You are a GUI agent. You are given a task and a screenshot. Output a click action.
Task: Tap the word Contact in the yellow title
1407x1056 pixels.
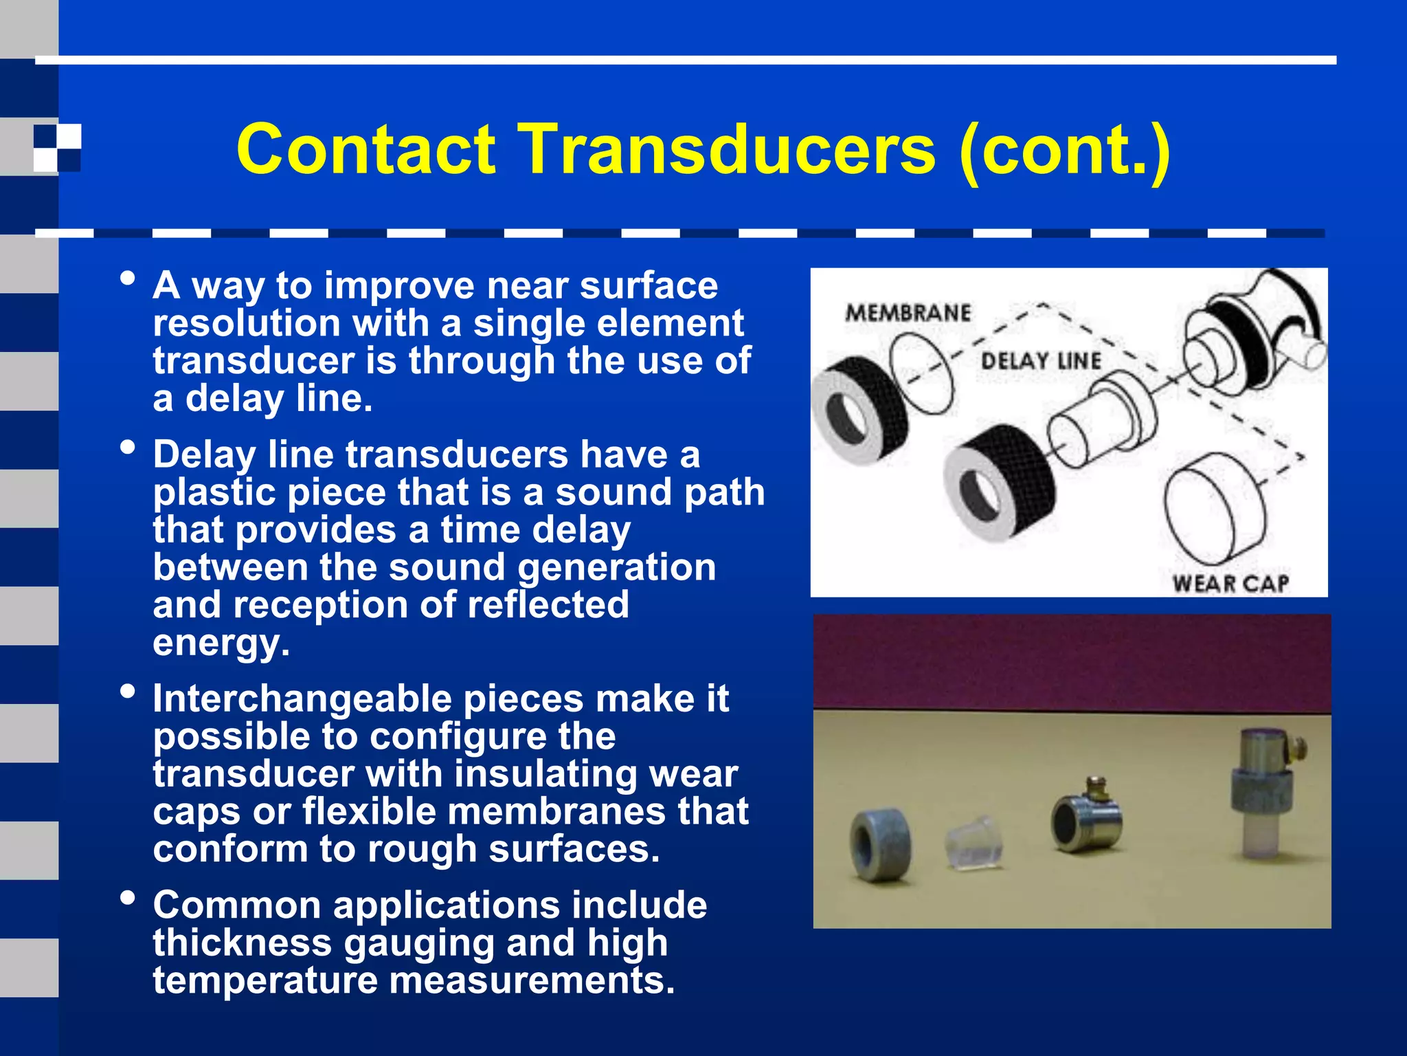coord(365,150)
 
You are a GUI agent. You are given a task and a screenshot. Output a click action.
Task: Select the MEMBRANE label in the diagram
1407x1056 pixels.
coord(908,313)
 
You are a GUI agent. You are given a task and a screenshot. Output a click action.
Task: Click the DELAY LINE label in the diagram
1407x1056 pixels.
coord(1041,361)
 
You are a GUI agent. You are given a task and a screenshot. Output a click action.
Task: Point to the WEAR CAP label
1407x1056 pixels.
coord(1230,584)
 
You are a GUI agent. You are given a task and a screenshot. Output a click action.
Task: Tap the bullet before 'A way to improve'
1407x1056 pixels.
coord(127,278)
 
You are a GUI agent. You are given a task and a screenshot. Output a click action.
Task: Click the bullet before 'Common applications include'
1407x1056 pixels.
coord(127,898)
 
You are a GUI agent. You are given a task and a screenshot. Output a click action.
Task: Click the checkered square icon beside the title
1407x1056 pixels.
coord(58,147)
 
